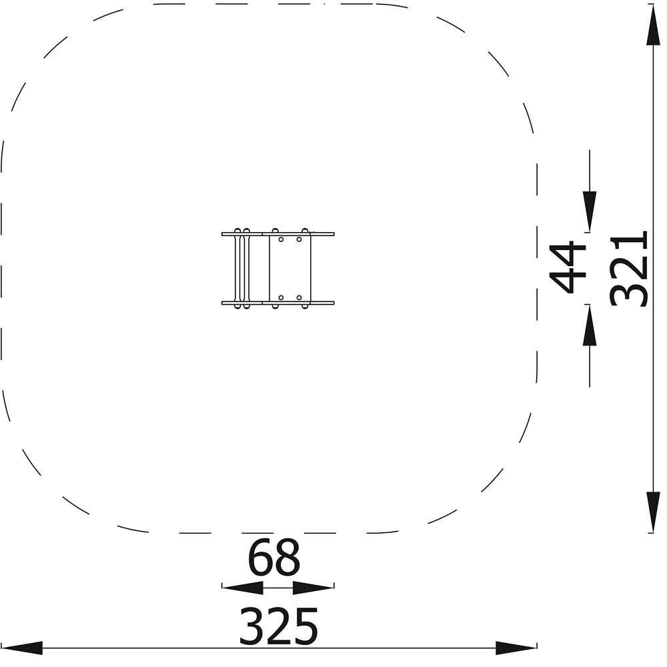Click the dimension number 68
tap(274, 557)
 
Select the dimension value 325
tap(279, 626)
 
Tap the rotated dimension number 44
tap(568, 267)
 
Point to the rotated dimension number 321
tap(629, 269)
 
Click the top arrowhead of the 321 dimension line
tap(654, 25)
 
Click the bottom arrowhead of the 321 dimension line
tap(654, 512)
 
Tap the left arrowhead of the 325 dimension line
tap(21, 648)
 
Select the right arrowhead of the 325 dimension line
tap(516, 648)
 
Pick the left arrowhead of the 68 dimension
tap(243, 588)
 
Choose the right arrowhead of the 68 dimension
tap(313, 588)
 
